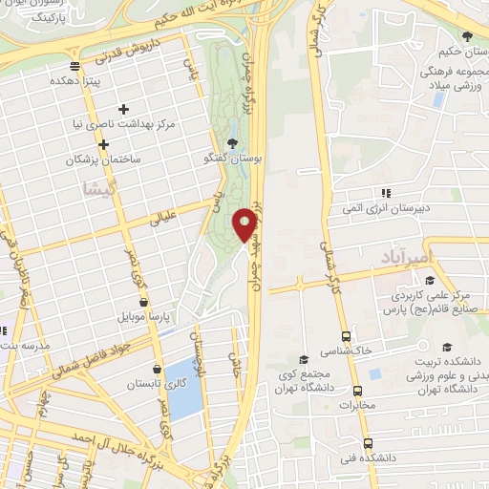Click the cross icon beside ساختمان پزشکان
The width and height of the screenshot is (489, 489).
pyautogui.click(x=102, y=144)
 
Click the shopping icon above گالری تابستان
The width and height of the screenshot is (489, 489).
pyautogui.click(x=156, y=369)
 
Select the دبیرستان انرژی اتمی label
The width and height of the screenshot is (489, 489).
pyautogui.click(x=389, y=207)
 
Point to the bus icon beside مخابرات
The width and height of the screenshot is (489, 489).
pyautogui.click(x=358, y=391)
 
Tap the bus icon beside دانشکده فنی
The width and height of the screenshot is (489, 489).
pyautogui.click(x=369, y=444)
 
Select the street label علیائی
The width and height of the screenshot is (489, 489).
pyautogui.click(x=164, y=220)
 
